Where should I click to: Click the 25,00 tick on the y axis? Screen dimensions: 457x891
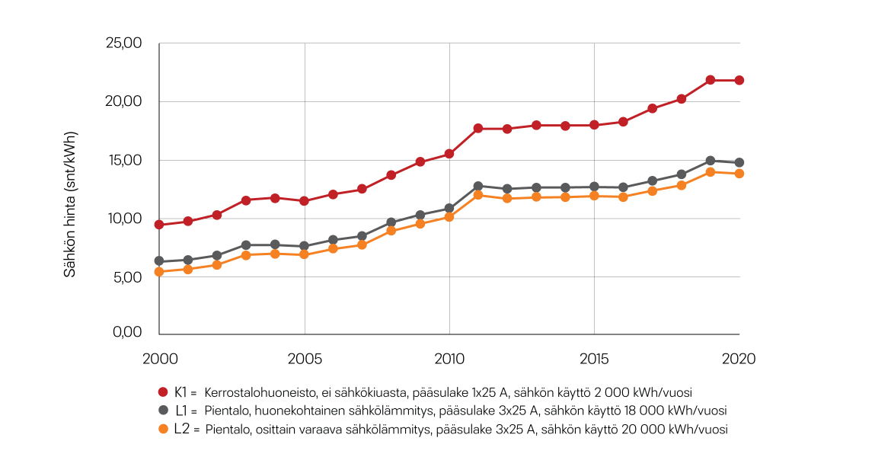click(123, 43)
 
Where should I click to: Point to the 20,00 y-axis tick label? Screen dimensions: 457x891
click(123, 102)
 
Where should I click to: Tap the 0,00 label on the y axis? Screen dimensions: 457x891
click(126, 332)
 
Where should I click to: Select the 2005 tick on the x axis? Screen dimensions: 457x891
click(305, 358)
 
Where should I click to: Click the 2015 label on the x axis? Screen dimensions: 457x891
click(593, 358)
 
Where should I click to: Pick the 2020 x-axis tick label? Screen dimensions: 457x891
click(737, 358)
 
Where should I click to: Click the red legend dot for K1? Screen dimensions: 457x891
click(162, 392)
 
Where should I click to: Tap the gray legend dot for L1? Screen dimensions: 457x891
click(162, 411)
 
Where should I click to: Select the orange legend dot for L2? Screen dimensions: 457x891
click(162, 429)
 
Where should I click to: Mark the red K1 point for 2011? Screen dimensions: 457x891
click(478, 129)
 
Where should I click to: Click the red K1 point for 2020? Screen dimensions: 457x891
click(739, 80)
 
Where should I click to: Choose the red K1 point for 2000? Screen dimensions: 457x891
click(159, 225)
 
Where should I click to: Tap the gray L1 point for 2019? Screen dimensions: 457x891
click(710, 161)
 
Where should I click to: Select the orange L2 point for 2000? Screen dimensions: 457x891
click(159, 272)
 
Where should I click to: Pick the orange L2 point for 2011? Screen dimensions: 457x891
click(478, 195)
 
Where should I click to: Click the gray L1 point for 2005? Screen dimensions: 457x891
click(305, 246)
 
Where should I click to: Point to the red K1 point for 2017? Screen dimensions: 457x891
click(652, 108)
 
